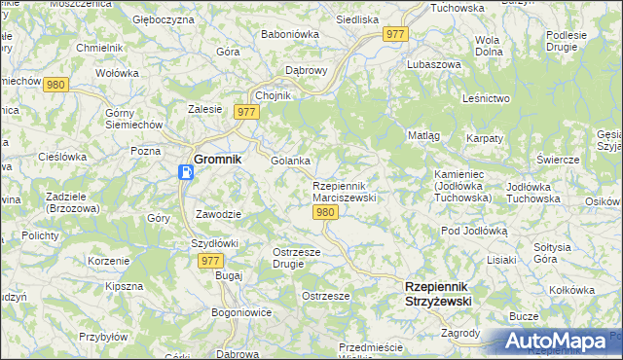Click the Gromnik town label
coord(218,159)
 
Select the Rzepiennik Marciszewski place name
coord(344,192)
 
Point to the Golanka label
coord(290,161)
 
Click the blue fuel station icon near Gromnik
coord(186,172)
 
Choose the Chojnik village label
coord(273,95)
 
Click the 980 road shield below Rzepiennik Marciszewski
coord(327,213)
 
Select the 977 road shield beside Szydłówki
coord(210,261)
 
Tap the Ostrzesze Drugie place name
coord(289,258)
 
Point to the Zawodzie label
coord(217,214)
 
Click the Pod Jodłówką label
coord(475,231)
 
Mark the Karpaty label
coord(485,139)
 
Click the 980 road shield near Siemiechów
coord(55,85)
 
